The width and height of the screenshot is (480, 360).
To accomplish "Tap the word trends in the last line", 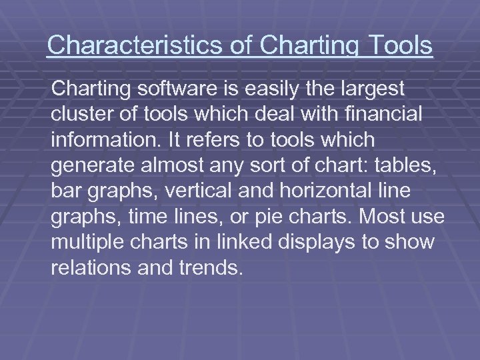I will (213, 268).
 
